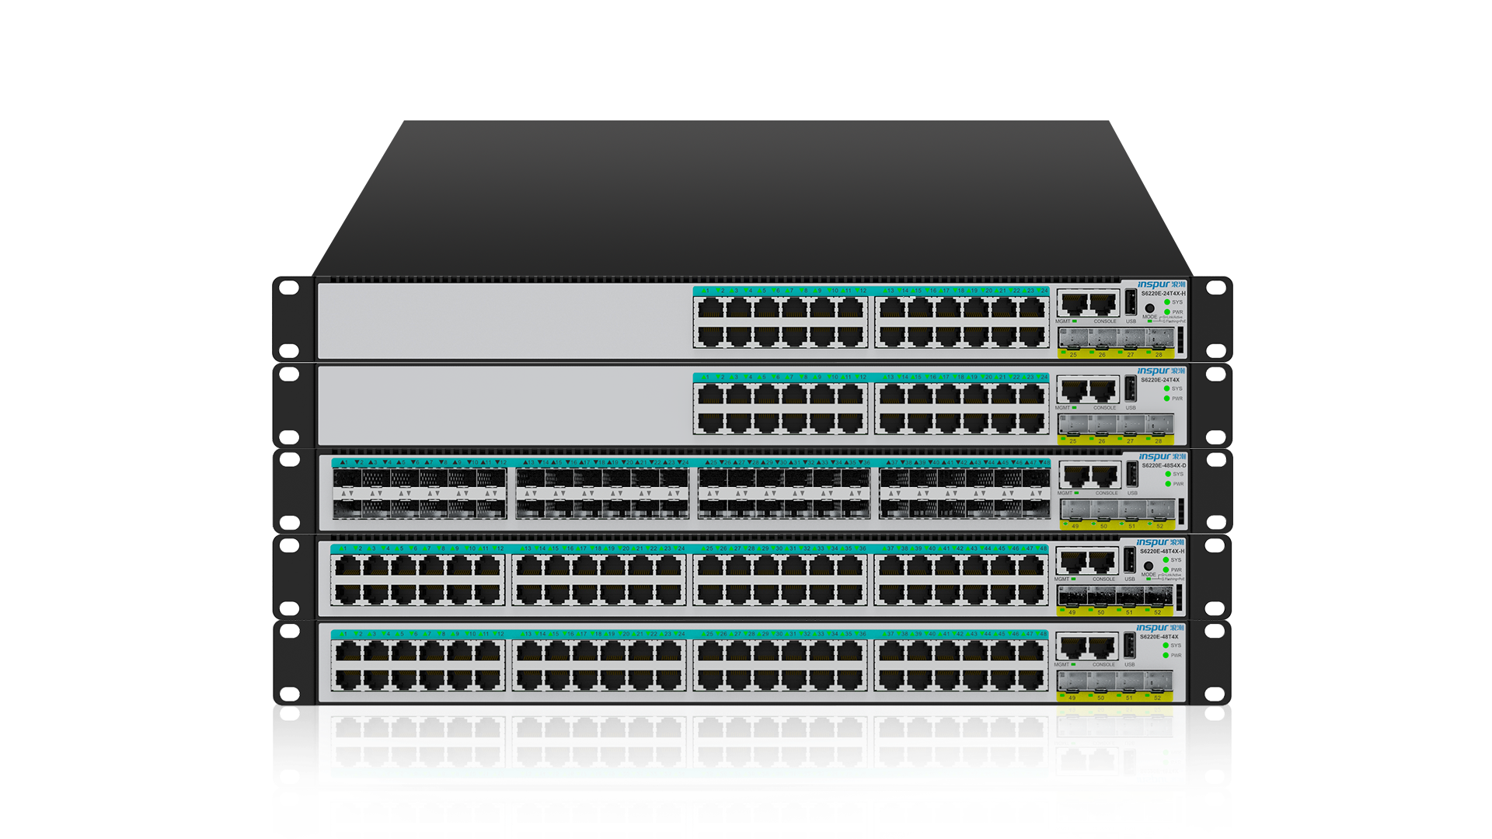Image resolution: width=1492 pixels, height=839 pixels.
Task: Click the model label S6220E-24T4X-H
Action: pyautogui.click(x=1163, y=294)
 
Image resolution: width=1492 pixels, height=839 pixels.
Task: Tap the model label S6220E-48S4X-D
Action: pyautogui.click(x=1163, y=465)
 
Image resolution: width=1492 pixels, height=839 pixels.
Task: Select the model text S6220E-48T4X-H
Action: pyautogui.click(x=1162, y=551)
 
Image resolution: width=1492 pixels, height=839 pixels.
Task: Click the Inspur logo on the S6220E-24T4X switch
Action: pyautogui.click(x=1161, y=371)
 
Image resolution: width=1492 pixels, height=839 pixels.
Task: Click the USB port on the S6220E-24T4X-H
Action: pyautogui.click(x=1131, y=302)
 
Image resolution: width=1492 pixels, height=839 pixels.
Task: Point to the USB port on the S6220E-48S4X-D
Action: pyautogui.click(x=1132, y=474)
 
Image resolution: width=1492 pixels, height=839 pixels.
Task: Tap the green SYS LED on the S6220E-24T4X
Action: pyautogui.click(x=1167, y=388)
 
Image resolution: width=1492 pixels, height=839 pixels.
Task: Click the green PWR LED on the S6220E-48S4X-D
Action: pyautogui.click(x=1168, y=484)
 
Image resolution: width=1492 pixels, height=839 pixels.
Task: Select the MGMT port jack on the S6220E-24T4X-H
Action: pyautogui.click(x=1073, y=303)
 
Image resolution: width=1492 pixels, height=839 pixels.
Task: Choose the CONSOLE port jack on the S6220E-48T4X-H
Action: pyautogui.click(x=1101, y=561)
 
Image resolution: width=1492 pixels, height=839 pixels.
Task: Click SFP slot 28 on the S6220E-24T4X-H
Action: pyautogui.click(x=1159, y=338)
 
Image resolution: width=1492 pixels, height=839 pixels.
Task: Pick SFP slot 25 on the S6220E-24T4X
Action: pyautogui.click(x=1073, y=424)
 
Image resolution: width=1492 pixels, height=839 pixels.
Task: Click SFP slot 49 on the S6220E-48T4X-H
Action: pyautogui.click(x=1072, y=596)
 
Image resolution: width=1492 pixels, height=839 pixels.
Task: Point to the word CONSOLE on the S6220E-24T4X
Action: pyautogui.click(x=1104, y=408)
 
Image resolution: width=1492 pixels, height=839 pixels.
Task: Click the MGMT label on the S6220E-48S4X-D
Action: pyautogui.click(x=1065, y=493)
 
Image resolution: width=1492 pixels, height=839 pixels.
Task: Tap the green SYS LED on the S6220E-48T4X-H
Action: pyautogui.click(x=1166, y=560)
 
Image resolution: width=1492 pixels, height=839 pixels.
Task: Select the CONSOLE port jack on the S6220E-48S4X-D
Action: pyautogui.click(x=1104, y=475)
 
